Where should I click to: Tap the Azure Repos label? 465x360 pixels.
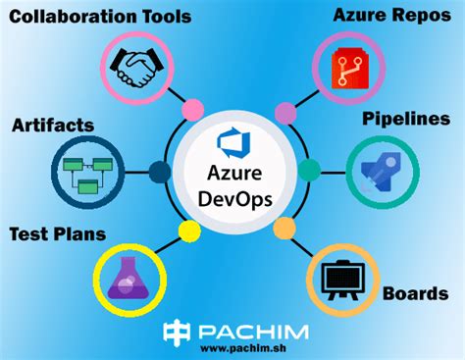391,16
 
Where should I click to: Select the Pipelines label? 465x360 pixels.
405,119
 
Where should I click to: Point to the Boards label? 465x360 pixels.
415,293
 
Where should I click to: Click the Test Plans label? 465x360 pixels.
58,234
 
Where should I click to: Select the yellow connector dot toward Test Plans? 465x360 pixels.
187,230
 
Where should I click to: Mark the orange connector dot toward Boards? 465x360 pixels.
284,229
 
